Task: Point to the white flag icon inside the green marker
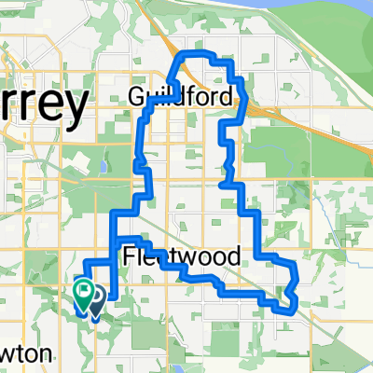coord(83,290)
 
